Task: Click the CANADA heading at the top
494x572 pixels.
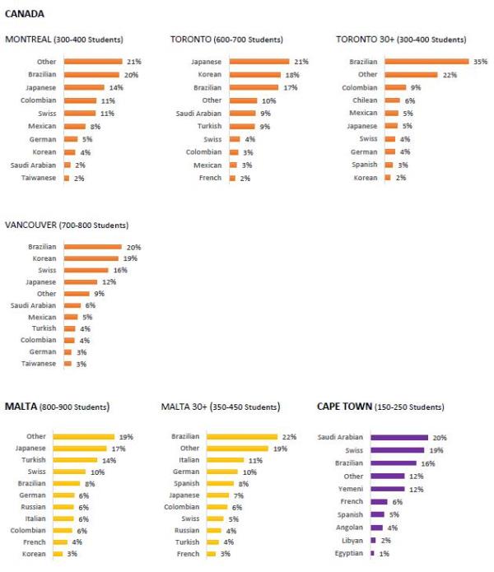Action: [x=25, y=13]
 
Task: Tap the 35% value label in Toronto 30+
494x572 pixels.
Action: [x=480, y=61]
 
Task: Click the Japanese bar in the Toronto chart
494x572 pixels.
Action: [x=259, y=61]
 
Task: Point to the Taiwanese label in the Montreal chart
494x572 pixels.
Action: [x=39, y=177]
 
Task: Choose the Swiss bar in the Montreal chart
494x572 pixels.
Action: [x=80, y=113]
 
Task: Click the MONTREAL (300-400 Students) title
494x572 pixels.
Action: [x=63, y=40]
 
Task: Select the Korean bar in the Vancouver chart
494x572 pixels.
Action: [x=91, y=258]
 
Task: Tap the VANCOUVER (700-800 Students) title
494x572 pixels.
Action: [x=67, y=225]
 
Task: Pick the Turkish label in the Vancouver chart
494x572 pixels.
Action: [x=42, y=328]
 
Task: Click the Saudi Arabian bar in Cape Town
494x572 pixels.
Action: [x=399, y=437]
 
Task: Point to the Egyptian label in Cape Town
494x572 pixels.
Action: [x=348, y=553]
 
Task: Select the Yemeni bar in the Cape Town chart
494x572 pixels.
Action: [x=387, y=489]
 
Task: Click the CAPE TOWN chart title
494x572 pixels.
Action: [x=380, y=407]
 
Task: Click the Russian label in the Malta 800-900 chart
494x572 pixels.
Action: [x=32, y=507]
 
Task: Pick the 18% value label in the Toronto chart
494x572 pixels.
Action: [x=291, y=74]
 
